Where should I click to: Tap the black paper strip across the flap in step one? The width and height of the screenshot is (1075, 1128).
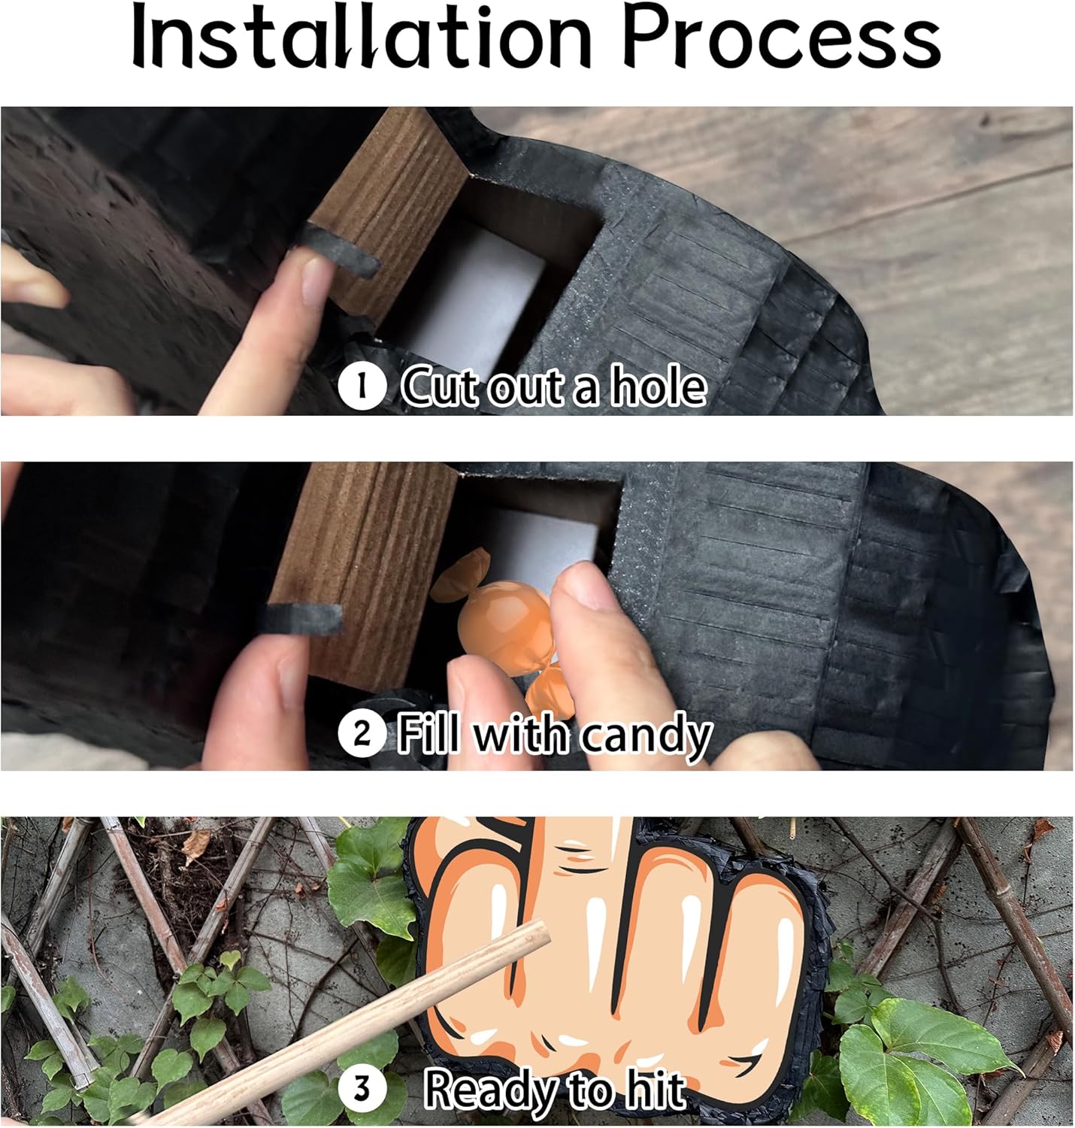point(338,250)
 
